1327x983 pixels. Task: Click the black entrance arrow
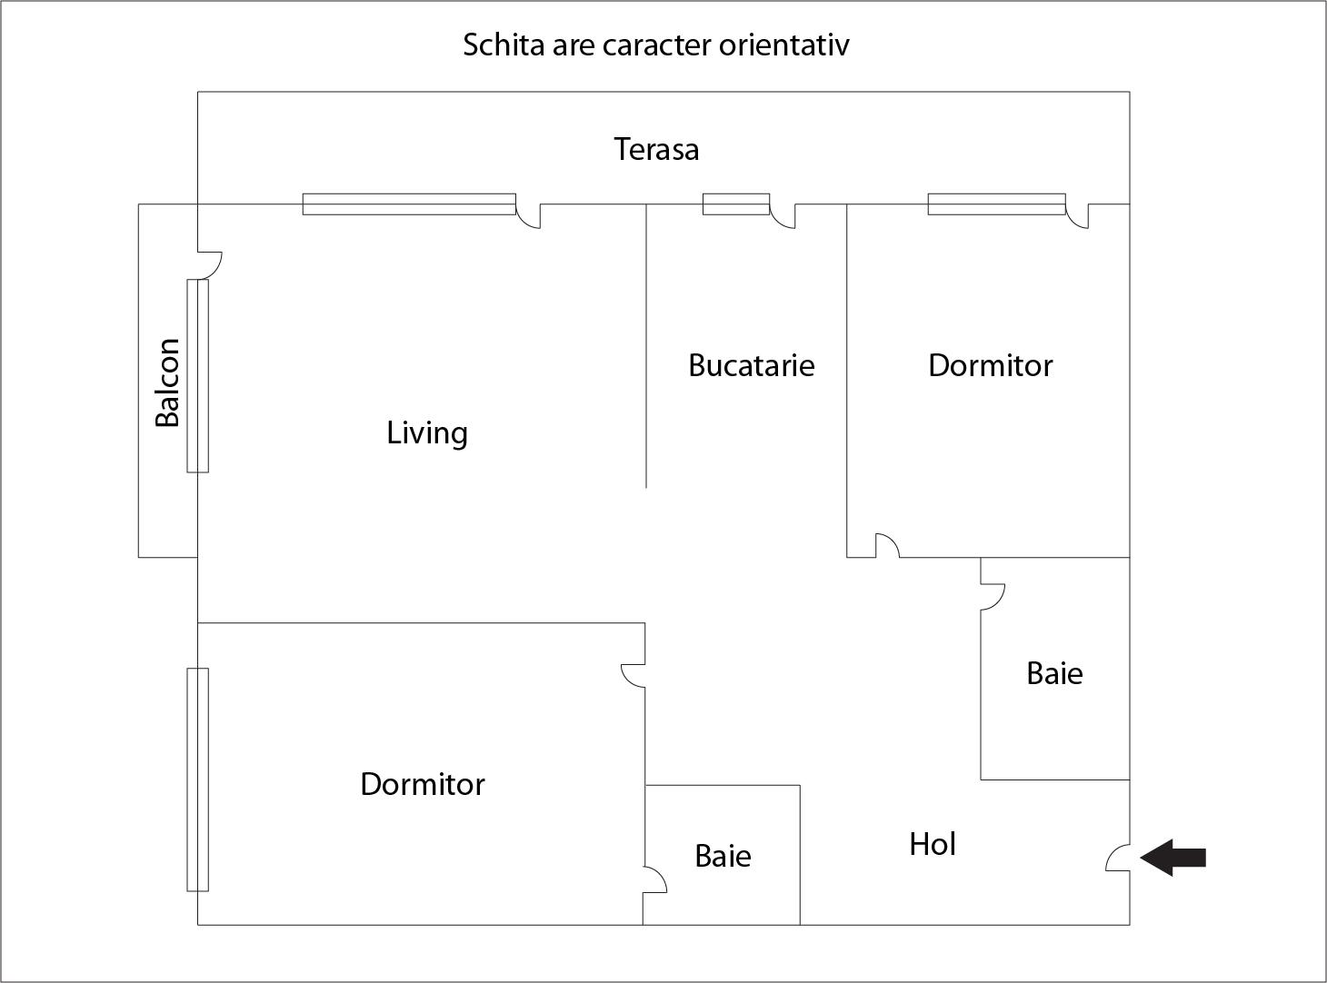(x=1172, y=858)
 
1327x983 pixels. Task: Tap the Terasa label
(x=656, y=150)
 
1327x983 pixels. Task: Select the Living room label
(x=426, y=433)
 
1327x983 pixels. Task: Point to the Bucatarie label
(x=752, y=365)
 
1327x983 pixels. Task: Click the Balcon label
(x=167, y=382)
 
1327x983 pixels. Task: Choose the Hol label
(x=933, y=844)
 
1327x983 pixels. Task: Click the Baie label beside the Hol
(x=723, y=856)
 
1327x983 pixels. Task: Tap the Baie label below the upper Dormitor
(x=1054, y=674)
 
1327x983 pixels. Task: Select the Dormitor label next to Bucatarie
(x=990, y=365)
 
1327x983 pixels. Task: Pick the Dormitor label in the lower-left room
(x=423, y=784)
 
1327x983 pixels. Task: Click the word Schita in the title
(x=504, y=45)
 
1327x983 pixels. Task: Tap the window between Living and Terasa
(x=409, y=204)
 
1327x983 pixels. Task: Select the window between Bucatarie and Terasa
(x=736, y=204)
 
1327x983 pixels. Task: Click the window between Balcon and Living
(x=197, y=376)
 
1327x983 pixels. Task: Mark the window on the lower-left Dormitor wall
(x=197, y=779)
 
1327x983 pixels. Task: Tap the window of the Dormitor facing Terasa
(x=997, y=204)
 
